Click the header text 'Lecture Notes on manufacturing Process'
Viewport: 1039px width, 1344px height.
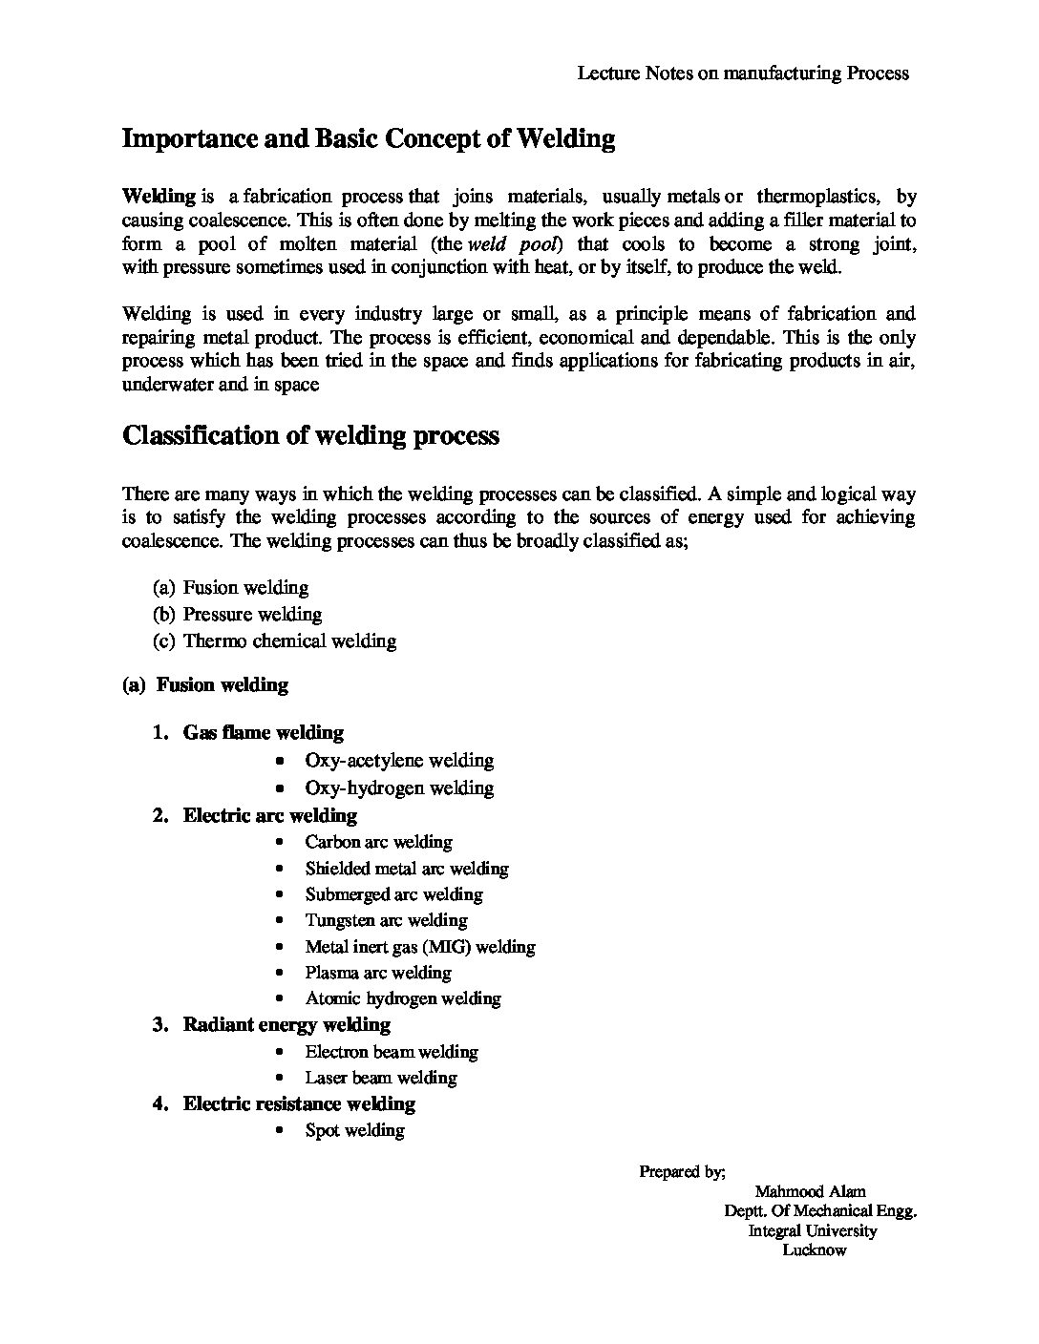[743, 73]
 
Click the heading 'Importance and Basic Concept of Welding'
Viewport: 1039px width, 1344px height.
[369, 139]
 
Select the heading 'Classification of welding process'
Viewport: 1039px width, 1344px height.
[311, 435]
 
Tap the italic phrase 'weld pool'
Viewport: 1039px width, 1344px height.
[512, 243]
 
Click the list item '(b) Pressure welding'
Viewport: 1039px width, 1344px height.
[238, 614]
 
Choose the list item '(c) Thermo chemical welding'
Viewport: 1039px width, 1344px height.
[275, 640]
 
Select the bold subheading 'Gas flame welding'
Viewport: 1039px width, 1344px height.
[264, 732]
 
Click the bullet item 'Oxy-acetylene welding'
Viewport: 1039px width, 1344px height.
[399, 760]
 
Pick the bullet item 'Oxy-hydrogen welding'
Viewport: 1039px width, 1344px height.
[399, 787]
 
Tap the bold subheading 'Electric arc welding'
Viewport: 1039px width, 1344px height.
[270, 815]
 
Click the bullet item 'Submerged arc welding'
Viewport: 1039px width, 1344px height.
[393, 894]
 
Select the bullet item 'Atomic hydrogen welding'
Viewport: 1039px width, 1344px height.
[403, 998]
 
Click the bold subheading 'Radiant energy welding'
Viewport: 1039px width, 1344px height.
[286, 1024]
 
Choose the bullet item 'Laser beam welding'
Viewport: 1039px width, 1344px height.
[381, 1078]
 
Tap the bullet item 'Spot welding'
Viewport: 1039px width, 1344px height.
[355, 1130]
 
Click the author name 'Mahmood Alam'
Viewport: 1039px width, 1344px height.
[810, 1191]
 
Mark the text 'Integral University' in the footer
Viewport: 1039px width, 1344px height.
[813, 1230]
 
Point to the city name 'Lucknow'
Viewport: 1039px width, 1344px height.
[815, 1250]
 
